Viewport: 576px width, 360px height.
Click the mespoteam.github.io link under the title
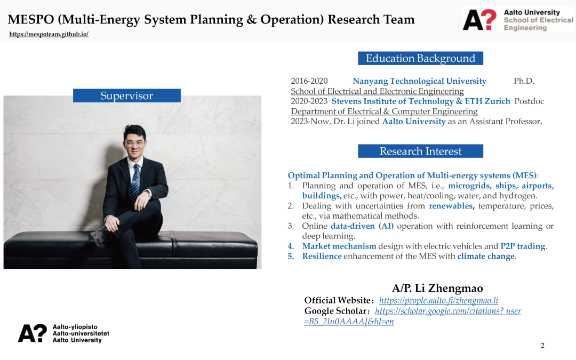point(49,34)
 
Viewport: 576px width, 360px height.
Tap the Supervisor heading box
point(127,95)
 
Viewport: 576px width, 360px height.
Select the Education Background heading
point(420,59)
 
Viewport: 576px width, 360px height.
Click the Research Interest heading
point(420,151)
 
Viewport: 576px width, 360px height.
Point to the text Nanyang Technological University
point(420,81)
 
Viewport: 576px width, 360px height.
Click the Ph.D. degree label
point(524,81)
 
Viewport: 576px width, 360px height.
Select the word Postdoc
point(529,101)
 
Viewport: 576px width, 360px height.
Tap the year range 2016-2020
point(309,81)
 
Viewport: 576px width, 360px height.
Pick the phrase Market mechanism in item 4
point(339,246)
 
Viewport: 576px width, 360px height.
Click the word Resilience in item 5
point(322,256)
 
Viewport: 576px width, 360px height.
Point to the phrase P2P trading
point(523,246)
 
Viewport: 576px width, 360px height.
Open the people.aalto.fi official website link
point(438,300)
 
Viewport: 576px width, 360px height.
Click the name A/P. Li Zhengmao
point(437,288)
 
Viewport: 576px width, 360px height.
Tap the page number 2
point(542,345)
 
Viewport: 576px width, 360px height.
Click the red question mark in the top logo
point(489,19)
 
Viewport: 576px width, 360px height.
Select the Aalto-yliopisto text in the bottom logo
point(75,327)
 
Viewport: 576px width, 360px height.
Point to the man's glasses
point(134,143)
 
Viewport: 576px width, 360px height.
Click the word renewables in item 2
point(451,206)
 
